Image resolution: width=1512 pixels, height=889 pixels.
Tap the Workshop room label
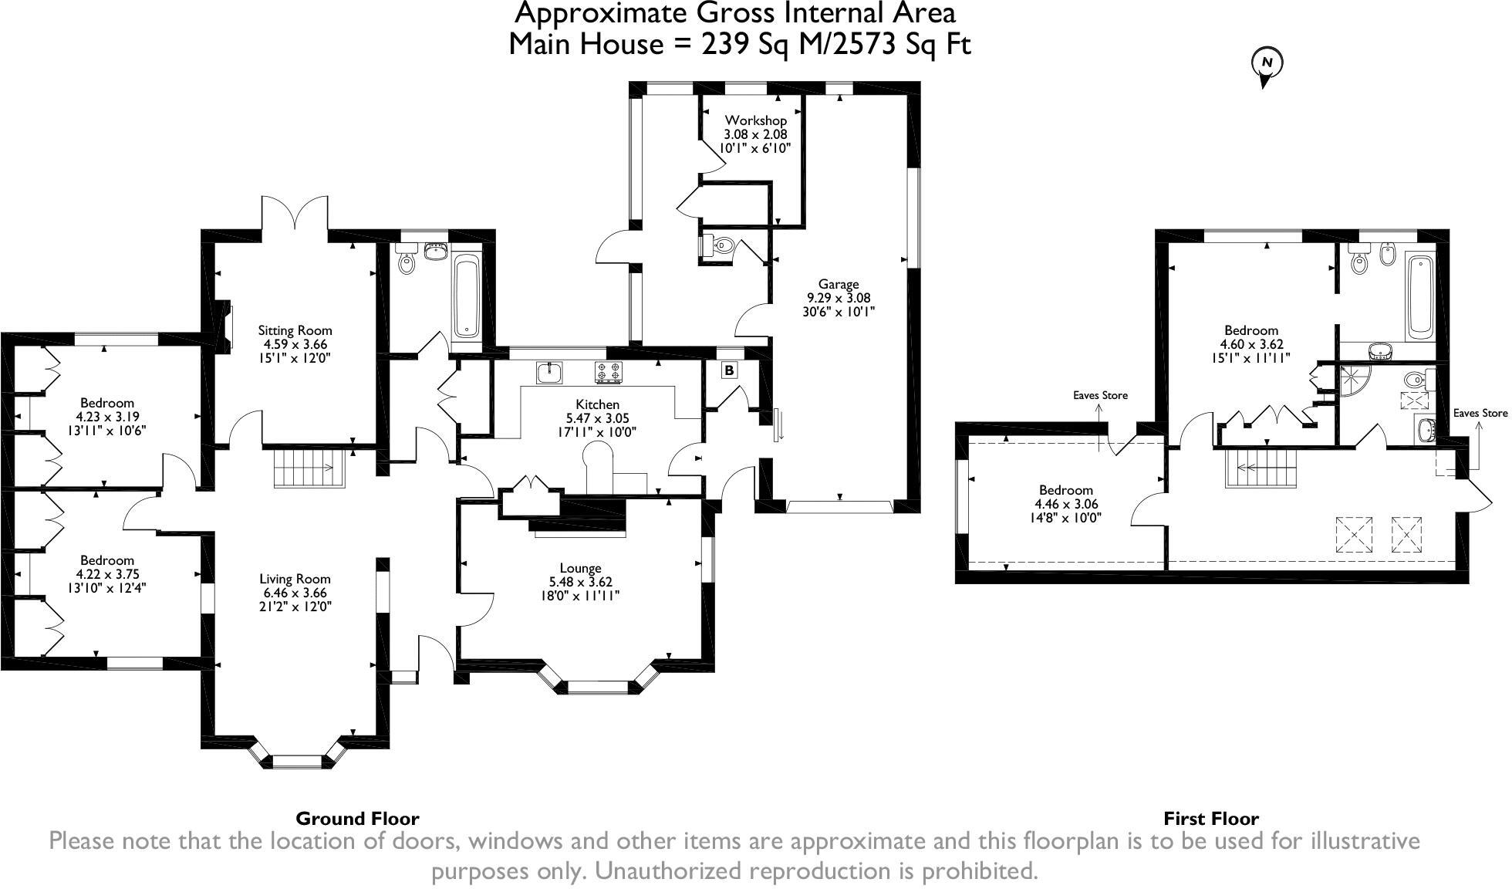point(755,120)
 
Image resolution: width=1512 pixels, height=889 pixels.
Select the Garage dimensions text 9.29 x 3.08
point(839,298)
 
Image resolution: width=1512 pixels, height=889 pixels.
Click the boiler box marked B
point(729,370)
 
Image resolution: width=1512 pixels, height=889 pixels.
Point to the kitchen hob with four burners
point(607,373)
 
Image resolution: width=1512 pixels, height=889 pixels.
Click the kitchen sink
point(550,374)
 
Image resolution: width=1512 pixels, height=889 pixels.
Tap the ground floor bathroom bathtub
point(467,297)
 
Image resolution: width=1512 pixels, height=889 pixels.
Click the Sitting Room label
point(295,330)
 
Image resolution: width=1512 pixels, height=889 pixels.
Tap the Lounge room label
point(580,568)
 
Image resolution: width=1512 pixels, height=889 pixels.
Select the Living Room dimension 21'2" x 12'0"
point(295,607)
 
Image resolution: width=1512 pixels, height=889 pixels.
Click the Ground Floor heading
point(357,818)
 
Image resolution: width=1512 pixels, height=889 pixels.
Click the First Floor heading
point(1210,818)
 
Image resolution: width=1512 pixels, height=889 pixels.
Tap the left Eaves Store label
point(1100,395)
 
